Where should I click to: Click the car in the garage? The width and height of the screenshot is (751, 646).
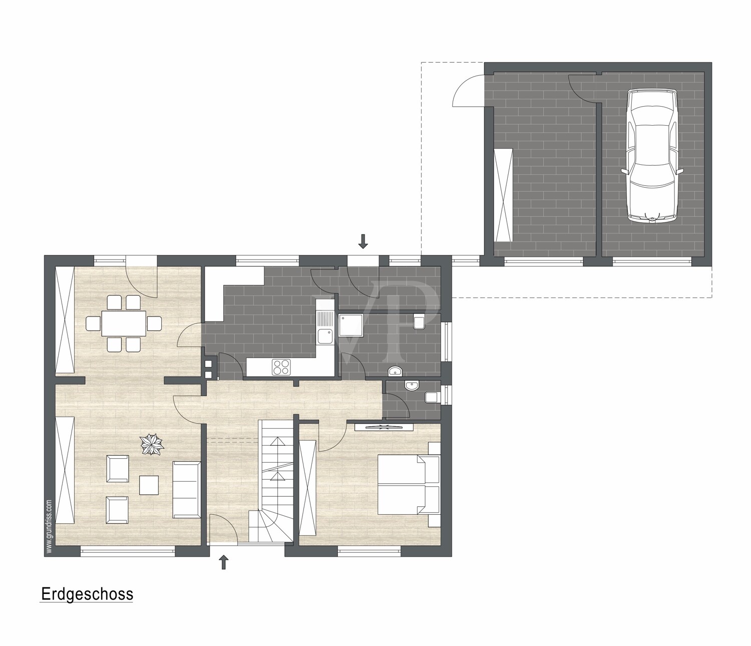point(652,156)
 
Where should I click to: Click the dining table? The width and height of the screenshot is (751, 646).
point(124,323)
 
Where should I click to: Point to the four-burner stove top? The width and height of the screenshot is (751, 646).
point(281,367)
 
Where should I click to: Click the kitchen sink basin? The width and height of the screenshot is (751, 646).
point(324,336)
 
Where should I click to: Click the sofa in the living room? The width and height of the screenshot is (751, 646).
point(187,489)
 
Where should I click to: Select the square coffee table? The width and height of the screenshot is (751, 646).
point(149,485)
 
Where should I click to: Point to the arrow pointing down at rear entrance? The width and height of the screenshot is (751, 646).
point(362,241)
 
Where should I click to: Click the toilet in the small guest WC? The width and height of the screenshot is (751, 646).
point(431,398)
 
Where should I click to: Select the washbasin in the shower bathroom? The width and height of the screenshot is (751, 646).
point(396,371)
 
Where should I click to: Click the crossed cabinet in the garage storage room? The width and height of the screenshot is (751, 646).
point(503,195)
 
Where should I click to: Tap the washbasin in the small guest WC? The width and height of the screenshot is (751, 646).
point(412,386)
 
